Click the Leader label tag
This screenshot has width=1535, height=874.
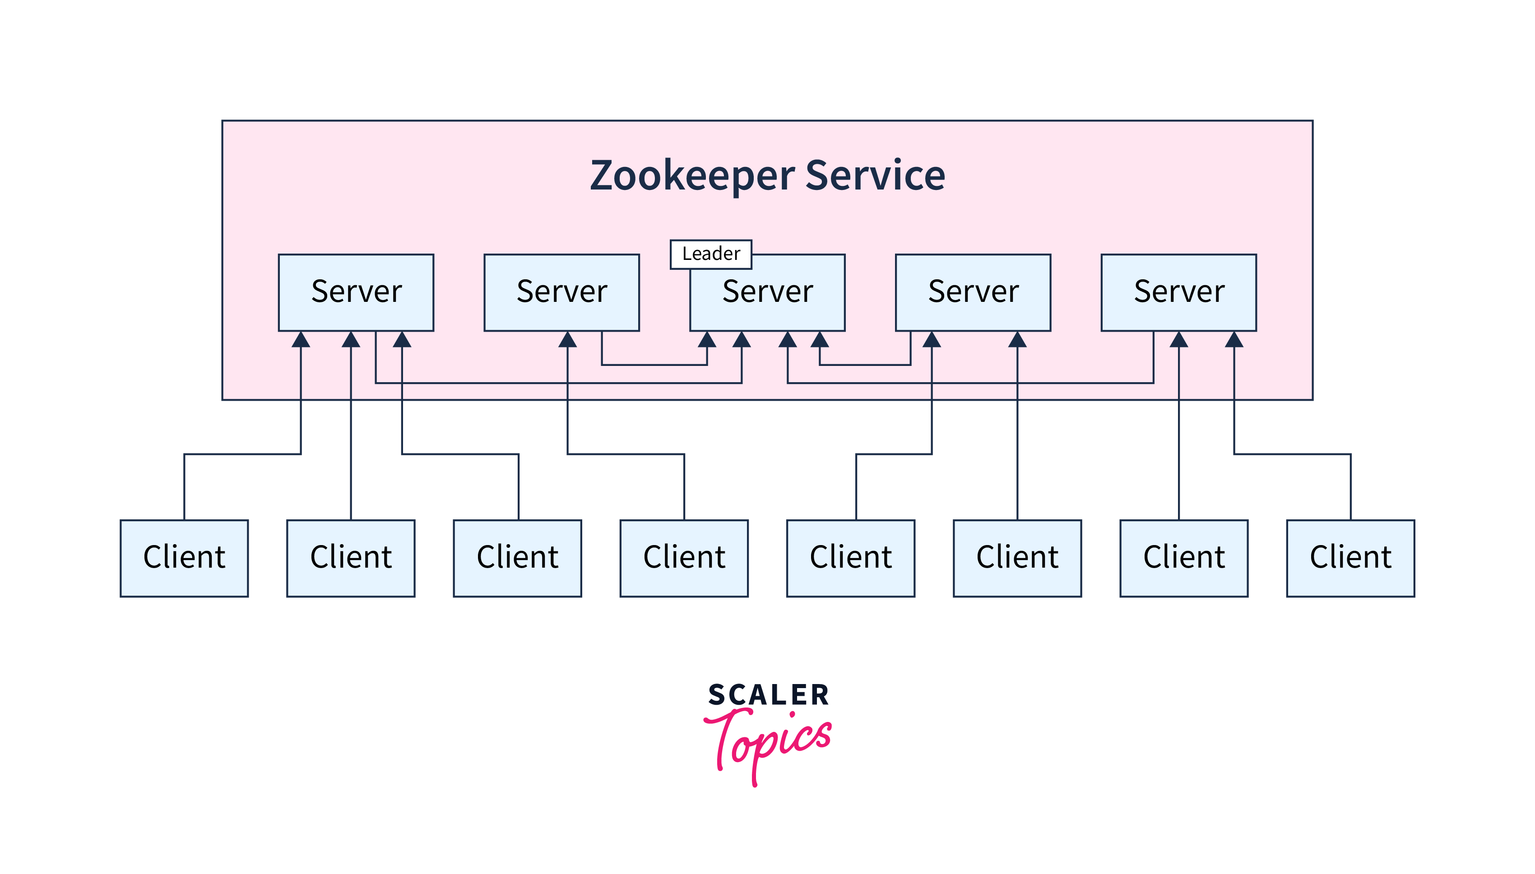pyautogui.click(x=711, y=254)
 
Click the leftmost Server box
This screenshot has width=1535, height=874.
pyautogui.click(x=356, y=292)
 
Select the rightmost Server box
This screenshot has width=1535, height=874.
pyautogui.click(x=1178, y=292)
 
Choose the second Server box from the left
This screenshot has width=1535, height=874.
pyautogui.click(x=561, y=292)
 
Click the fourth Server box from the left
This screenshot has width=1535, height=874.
pyautogui.click(x=973, y=292)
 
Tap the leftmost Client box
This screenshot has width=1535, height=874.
pyautogui.click(x=184, y=558)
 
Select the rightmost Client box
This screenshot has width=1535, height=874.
pyautogui.click(x=1350, y=558)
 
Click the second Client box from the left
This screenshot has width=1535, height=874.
pyautogui.click(x=351, y=558)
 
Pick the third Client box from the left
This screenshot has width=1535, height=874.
pyautogui.click(x=518, y=558)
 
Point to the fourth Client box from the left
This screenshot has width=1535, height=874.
pyautogui.click(x=684, y=558)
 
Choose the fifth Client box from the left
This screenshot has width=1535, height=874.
pyautogui.click(x=851, y=558)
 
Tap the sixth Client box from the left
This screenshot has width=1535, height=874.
pyautogui.click(x=1017, y=558)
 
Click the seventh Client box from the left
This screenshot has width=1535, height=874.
pyautogui.click(x=1184, y=558)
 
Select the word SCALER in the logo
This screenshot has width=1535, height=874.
pyautogui.click(x=768, y=695)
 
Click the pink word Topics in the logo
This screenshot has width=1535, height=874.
pyautogui.click(x=768, y=741)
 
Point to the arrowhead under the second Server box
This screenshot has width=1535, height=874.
pyautogui.click(x=567, y=340)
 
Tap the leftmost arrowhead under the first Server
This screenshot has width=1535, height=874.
pyautogui.click(x=301, y=340)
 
